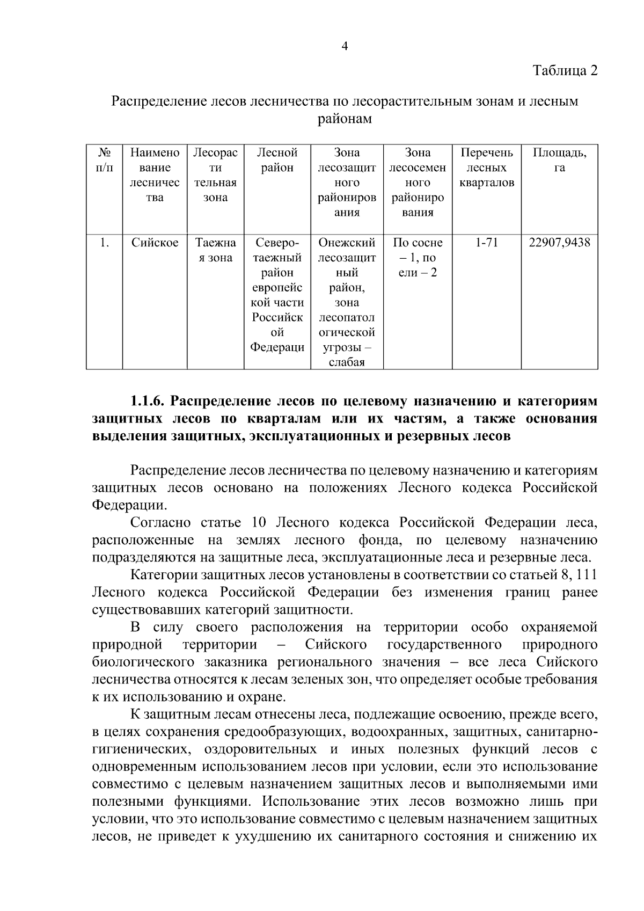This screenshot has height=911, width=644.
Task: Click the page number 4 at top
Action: point(345,47)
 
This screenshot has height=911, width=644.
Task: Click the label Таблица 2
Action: point(565,70)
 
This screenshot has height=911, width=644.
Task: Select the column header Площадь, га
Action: point(559,160)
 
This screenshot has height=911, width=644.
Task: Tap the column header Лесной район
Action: point(277,160)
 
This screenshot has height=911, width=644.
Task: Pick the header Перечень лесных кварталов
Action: point(487,167)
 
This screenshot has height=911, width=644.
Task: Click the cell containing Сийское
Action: point(155,243)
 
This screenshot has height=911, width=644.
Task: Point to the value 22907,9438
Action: point(559,243)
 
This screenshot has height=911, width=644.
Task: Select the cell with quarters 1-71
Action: point(487,243)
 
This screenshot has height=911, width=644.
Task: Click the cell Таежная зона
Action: point(215,250)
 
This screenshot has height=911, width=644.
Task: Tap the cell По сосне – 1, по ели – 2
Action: point(418,258)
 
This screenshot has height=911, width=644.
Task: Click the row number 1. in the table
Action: point(104,243)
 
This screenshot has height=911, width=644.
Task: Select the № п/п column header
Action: point(104,160)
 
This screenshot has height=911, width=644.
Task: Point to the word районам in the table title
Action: point(345,119)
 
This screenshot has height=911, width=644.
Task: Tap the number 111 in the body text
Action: point(585,575)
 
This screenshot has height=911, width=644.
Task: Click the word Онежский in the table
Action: point(347,243)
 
